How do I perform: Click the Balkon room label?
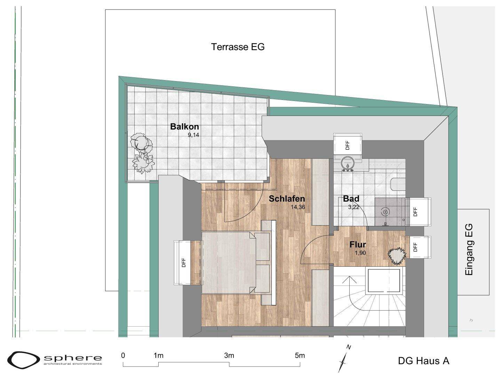point(184,126)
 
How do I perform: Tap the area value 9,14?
point(193,135)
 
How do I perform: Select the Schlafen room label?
point(287,198)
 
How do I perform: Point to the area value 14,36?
point(297,207)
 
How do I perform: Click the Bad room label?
point(351,198)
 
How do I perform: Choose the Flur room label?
point(358,244)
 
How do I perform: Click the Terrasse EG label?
point(238,47)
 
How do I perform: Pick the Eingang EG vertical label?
point(469,250)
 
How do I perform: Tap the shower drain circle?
point(385,212)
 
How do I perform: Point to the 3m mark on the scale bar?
point(229,355)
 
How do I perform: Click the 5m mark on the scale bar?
point(300,355)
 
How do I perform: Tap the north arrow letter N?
point(349,347)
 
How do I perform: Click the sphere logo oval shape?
point(24,360)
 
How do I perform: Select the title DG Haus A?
point(424,361)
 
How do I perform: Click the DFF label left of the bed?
point(184,263)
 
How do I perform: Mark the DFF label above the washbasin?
point(347,145)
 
